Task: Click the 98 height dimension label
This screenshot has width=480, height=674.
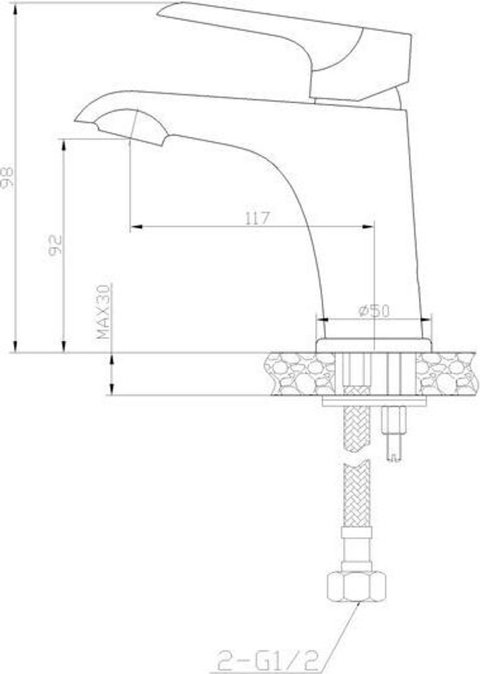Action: (7, 176)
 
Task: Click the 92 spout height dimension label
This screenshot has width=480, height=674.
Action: (55, 245)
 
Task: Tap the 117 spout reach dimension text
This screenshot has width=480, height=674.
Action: (257, 218)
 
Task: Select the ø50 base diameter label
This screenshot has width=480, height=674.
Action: (373, 311)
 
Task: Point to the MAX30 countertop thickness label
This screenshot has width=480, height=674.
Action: (103, 311)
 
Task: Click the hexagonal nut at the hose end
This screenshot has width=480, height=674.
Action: (356, 586)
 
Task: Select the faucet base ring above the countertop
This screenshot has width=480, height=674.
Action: (373, 346)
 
